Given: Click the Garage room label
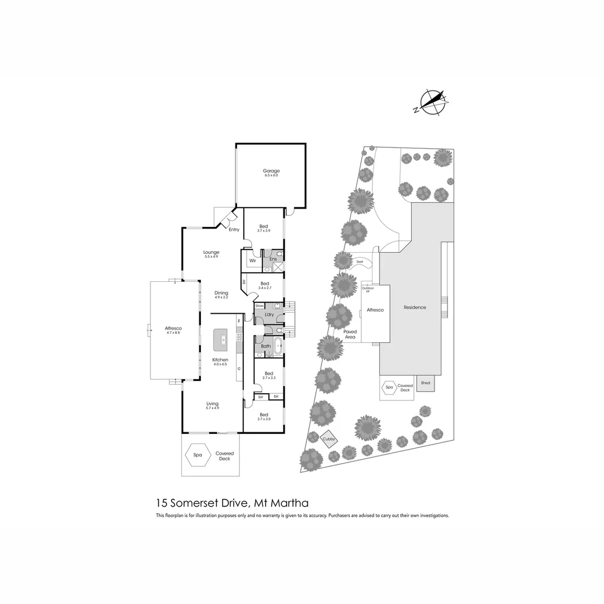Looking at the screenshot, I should [x=271, y=171].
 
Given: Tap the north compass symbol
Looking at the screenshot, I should [x=433, y=103].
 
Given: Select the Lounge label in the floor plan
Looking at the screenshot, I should [x=211, y=252].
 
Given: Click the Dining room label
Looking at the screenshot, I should [x=221, y=292].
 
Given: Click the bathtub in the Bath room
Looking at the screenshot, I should [x=278, y=346].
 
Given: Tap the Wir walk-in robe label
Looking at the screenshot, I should [x=252, y=260].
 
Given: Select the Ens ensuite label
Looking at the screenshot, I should [x=273, y=259].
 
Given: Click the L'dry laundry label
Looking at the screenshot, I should [x=269, y=315].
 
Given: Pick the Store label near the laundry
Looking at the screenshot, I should [x=259, y=306].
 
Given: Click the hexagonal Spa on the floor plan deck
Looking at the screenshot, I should [x=197, y=455].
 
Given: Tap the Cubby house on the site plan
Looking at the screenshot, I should [x=329, y=440].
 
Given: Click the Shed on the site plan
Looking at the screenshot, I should [x=426, y=383].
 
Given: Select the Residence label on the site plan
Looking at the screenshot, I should [x=415, y=307].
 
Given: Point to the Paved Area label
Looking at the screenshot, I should [x=350, y=334].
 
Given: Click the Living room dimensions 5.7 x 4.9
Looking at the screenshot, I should [x=212, y=408].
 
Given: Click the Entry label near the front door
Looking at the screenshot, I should [x=234, y=229].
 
